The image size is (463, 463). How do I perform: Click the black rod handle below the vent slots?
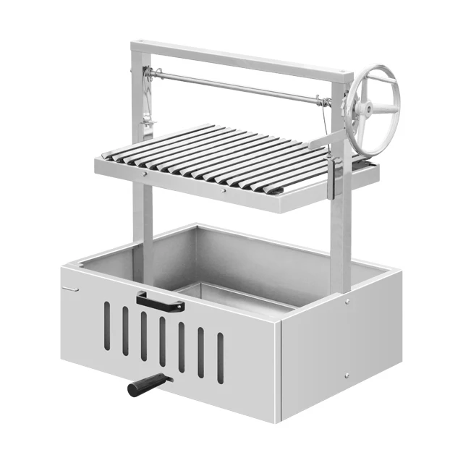148,385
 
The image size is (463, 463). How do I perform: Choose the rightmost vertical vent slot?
221,357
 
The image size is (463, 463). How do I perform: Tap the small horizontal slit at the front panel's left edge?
70,289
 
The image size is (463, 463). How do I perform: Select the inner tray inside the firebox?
231,293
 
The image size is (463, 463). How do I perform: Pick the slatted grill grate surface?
231,156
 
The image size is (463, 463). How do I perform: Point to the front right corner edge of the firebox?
279,369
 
